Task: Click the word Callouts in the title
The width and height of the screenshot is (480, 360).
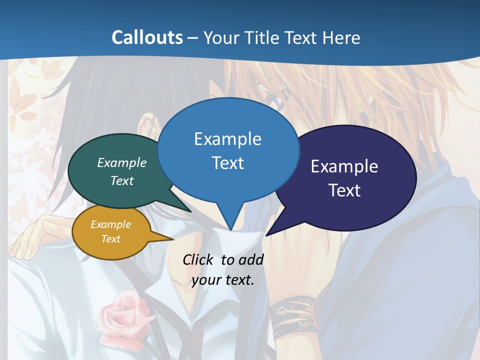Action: click(x=147, y=38)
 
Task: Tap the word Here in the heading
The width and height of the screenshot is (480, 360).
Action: click(x=342, y=38)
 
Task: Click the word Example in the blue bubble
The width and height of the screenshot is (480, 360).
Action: click(x=227, y=139)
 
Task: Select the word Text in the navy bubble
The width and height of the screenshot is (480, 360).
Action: click(x=344, y=190)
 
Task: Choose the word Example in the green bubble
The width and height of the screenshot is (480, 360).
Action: click(x=121, y=163)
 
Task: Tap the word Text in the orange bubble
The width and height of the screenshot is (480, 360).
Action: click(x=110, y=239)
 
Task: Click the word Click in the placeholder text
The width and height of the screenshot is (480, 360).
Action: click(x=199, y=260)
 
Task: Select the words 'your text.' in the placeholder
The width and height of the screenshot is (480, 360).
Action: click(x=223, y=280)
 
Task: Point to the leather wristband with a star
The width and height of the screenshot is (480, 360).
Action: click(x=295, y=315)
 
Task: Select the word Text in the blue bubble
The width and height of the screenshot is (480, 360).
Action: click(x=227, y=163)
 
